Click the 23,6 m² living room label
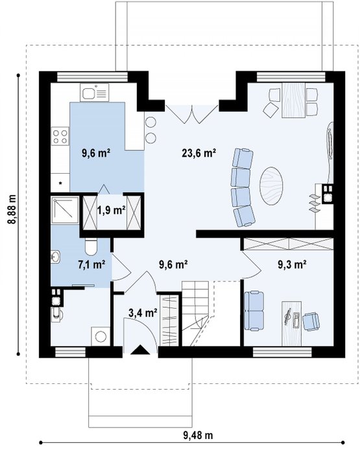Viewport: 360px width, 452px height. pos(199,153)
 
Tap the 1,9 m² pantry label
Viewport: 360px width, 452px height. pos(111,210)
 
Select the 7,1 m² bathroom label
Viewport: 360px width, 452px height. pos(91,264)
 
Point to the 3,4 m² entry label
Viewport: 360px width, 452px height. pos(143,313)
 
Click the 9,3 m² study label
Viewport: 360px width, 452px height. pos(292,264)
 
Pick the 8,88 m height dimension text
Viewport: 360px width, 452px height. pos(12,209)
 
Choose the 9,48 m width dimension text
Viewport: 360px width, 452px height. pos(198,434)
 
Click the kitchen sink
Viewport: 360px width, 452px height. pos(95,93)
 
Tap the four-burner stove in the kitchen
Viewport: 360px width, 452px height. pos(60,137)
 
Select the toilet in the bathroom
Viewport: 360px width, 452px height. pos(91,247)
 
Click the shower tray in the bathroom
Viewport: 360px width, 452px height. pos(65,210)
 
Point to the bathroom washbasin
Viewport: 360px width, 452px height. pos(55,257)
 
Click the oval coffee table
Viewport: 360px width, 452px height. pos(271,186)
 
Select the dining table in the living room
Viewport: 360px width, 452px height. pos(293,101)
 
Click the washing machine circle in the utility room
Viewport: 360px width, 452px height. pos(101,337)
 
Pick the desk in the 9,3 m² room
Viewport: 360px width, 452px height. pos(291,324)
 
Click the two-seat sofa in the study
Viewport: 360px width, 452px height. pos(254,311)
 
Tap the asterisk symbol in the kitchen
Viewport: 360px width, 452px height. pos(60,183)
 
